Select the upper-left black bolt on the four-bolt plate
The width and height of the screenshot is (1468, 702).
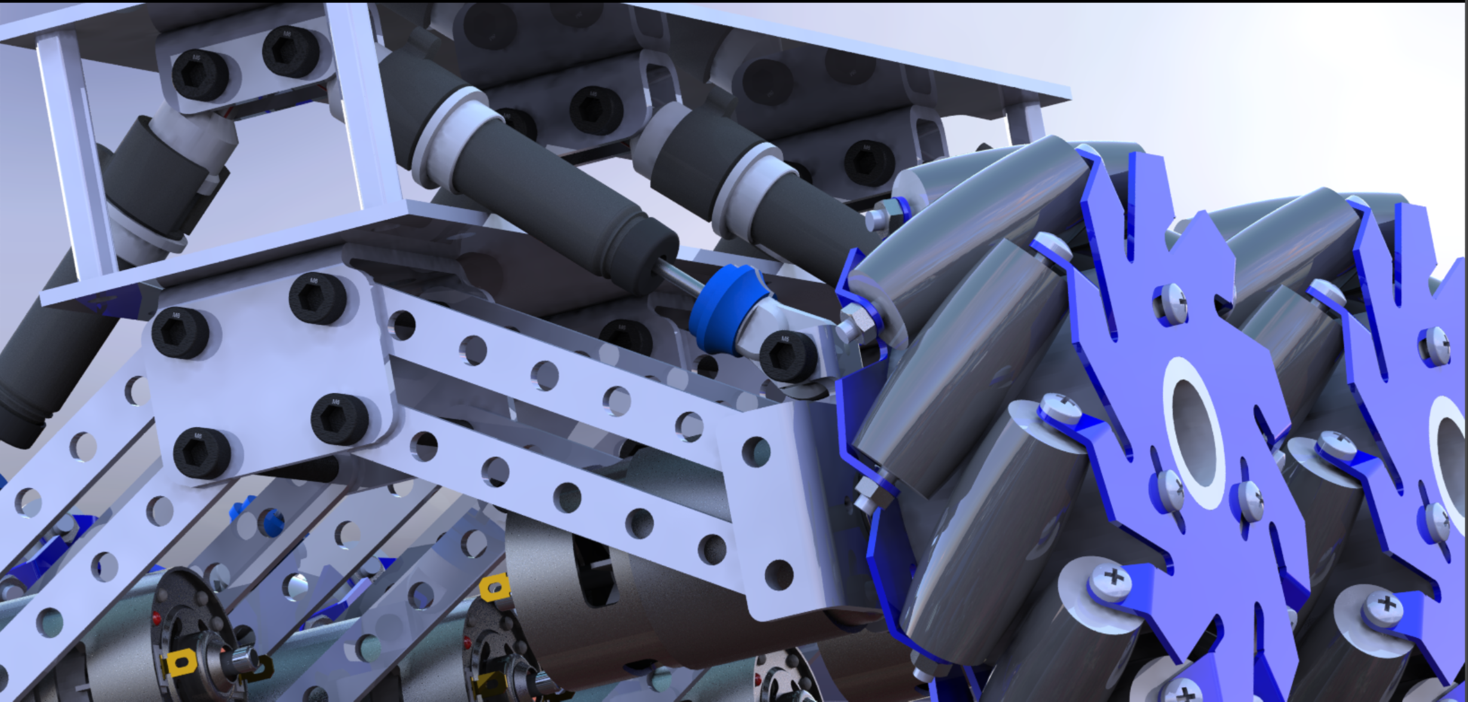pyautogui.click(x=180, y=332)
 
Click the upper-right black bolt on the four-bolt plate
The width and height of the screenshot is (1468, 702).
pyautogui.click(x=317, y=298)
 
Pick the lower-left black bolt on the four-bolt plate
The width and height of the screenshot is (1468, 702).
pyautogui.click(x=202, y=453)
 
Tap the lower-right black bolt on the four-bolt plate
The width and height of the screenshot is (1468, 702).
pyautogui.click(x=340, y=419)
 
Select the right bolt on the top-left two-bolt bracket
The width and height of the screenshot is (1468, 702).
pyautogui.click(x=291, y=51)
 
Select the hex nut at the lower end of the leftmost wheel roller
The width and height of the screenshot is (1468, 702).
pyautogui.click(x=865, y=500)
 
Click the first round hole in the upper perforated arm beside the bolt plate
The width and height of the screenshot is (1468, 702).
pyautogui.click(x=403, y=325)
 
